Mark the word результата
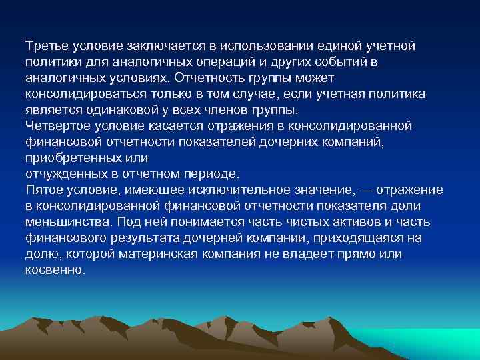coord(139,238)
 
